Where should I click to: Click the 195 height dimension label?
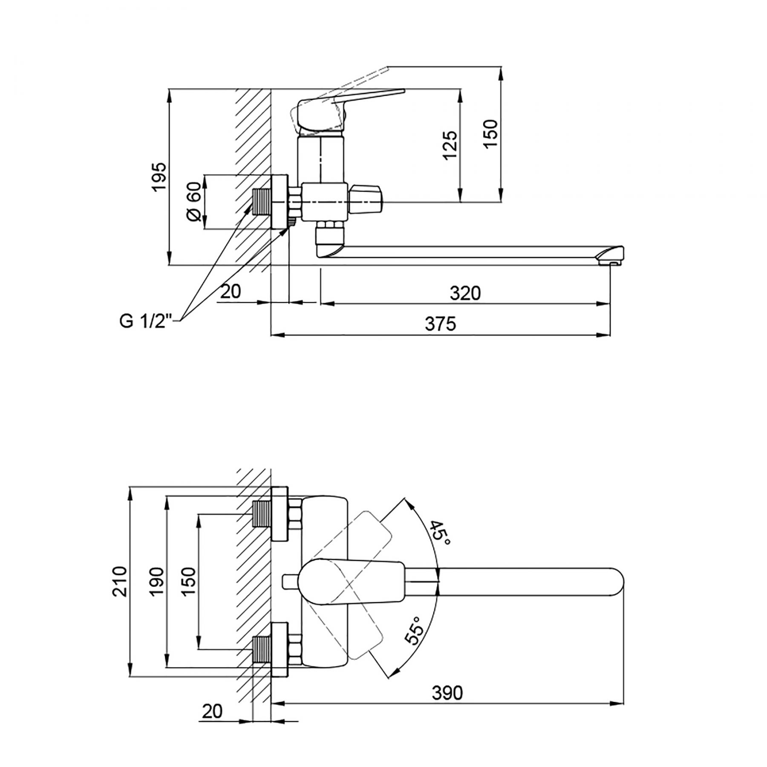(x=159, y=176)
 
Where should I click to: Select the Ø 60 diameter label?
(x=193, y=201)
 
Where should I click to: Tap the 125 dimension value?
(x=450, y=145)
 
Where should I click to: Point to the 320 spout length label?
(x=465, y=293)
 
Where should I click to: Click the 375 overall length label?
(x=441, y=324)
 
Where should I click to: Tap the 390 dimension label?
(x=447, y=705)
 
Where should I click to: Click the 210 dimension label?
(x=120, y=582)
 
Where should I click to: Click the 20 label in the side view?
(x=231, y=291)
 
